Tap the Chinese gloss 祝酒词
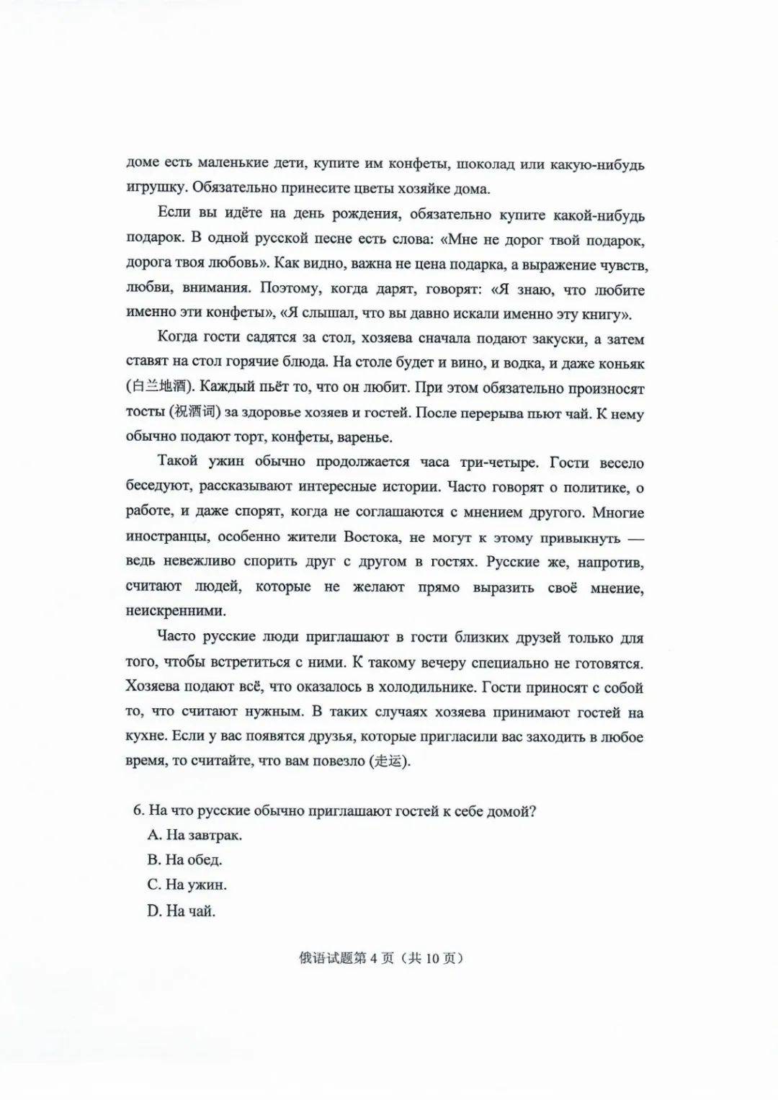click(193, 412)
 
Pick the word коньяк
click(617, 364)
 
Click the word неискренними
click(176, 611)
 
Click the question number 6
click(138, 810)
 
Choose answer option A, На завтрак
click(195, 835)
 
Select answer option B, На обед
click(185, 859)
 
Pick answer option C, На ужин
click(187, 885)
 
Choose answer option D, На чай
click(182, 911)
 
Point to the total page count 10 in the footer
click(432, 959)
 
